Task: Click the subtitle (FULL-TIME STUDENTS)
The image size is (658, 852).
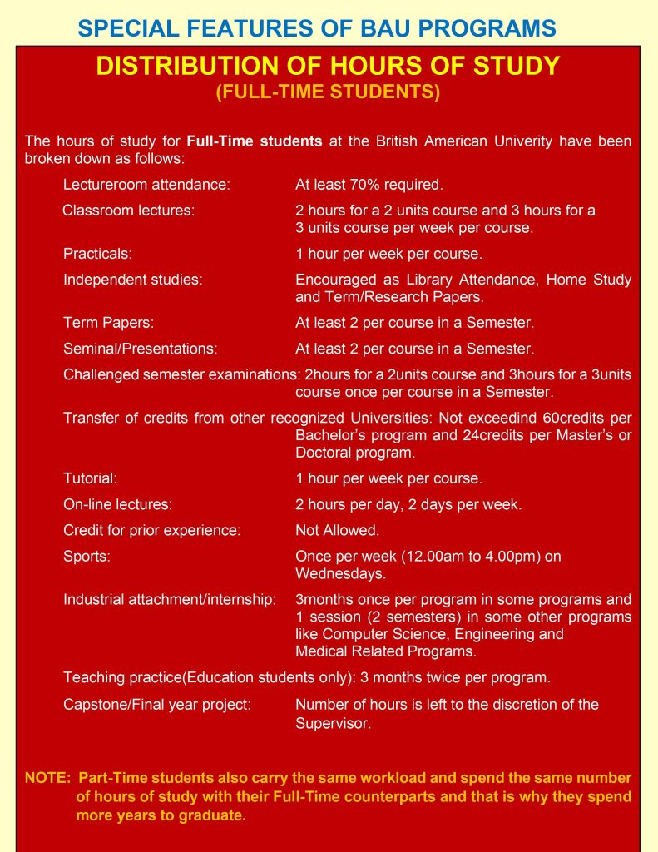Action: coord(328,92)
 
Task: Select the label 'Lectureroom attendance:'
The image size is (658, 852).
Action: coord(146,184)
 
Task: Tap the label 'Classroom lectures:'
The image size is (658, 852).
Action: coord(128,211)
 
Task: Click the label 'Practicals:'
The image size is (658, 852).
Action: coord(97,254)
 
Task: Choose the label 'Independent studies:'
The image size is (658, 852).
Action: coord(132,280)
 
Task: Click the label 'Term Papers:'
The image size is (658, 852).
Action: coord(108,323)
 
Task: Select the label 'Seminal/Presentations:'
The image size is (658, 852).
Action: coord(140,349)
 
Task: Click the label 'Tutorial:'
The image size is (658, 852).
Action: coord(90,478)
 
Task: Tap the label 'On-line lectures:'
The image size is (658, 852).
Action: coord(117,504)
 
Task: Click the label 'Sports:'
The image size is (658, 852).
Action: coord(87,557)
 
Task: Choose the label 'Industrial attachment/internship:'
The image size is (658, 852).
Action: coord(169,600)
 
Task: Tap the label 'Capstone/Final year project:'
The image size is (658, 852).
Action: coord(156,705)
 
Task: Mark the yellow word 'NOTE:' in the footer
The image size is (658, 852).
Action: coord(48,778)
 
